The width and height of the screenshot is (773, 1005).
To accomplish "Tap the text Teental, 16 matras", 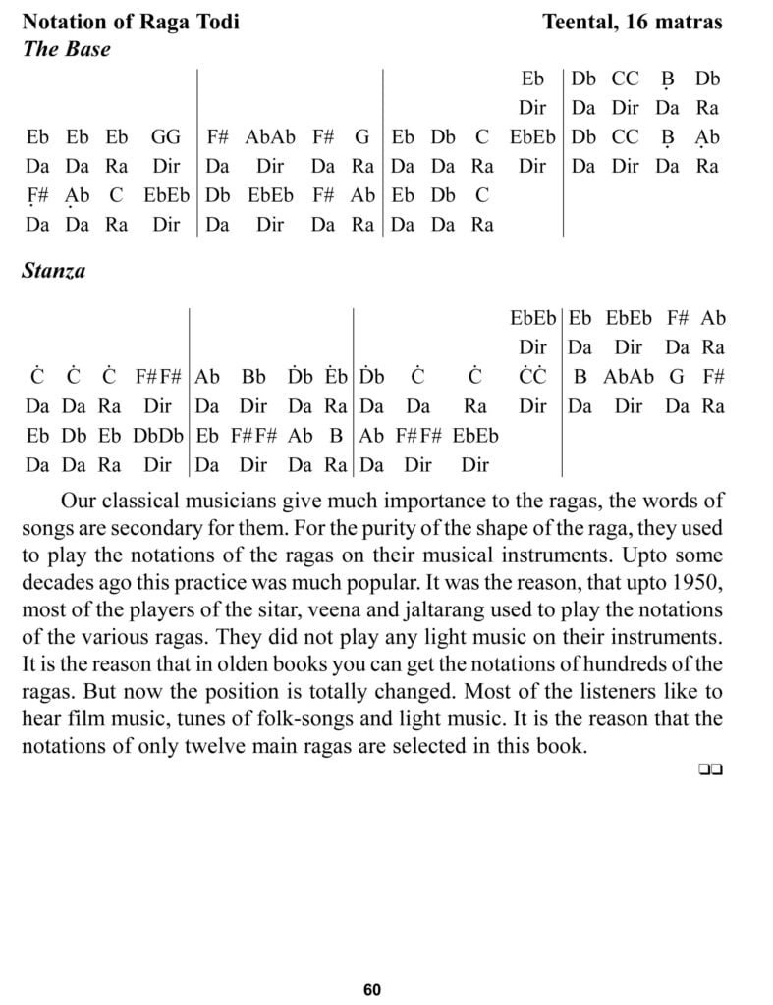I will pos(632,22).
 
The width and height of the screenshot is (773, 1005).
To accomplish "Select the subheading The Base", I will pos(66,49).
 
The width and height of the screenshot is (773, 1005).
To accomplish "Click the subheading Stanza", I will pos(53,271).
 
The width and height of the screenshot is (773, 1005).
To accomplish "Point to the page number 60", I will pos(371,990).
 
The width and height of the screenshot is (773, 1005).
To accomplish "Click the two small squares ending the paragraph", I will pos(711,771).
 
